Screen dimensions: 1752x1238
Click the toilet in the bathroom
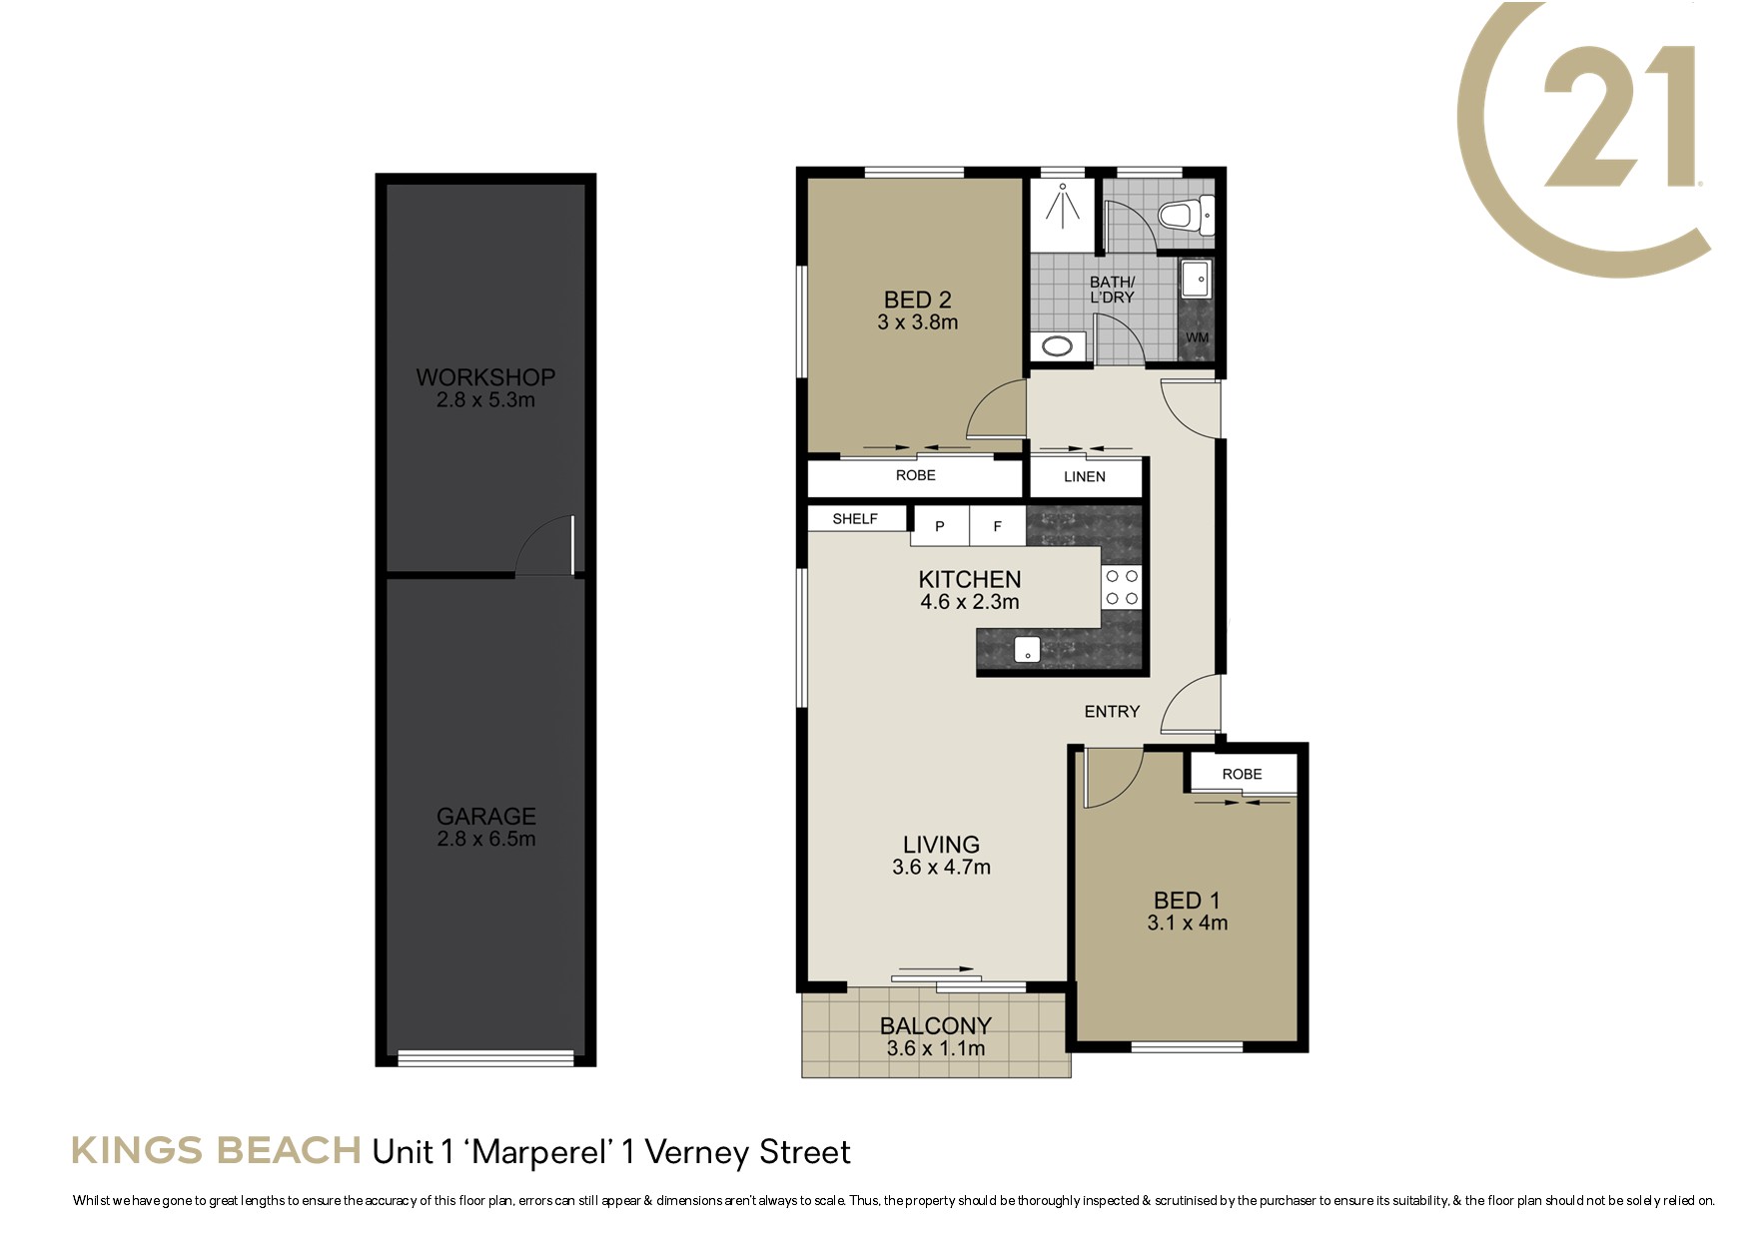[1185, 215]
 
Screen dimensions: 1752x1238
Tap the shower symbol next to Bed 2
[1062, 206]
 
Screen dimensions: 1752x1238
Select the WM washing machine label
[1197, 337]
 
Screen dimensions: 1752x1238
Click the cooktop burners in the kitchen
[1121, 587]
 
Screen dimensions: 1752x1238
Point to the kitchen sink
[1028, 650]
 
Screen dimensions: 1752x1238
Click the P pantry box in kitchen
[939, 526]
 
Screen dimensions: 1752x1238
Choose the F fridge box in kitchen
[997, 526]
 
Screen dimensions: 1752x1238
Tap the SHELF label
[855, 519]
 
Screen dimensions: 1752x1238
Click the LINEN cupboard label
[1085, 477]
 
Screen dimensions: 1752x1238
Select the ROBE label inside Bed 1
[1242, 774]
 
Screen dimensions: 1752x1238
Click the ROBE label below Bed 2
[916, 475]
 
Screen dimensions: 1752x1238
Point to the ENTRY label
[1112, 711]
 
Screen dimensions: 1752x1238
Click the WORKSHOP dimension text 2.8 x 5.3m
[485, 400]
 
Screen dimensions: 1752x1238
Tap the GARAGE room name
[486, 817]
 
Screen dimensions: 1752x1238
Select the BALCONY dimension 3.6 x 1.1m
[936, 1048]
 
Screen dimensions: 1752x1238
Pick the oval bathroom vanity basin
[1057, 347]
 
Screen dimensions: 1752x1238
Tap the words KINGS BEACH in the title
[216, 1151]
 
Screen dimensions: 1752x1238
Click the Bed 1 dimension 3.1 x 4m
[1188, 924]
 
